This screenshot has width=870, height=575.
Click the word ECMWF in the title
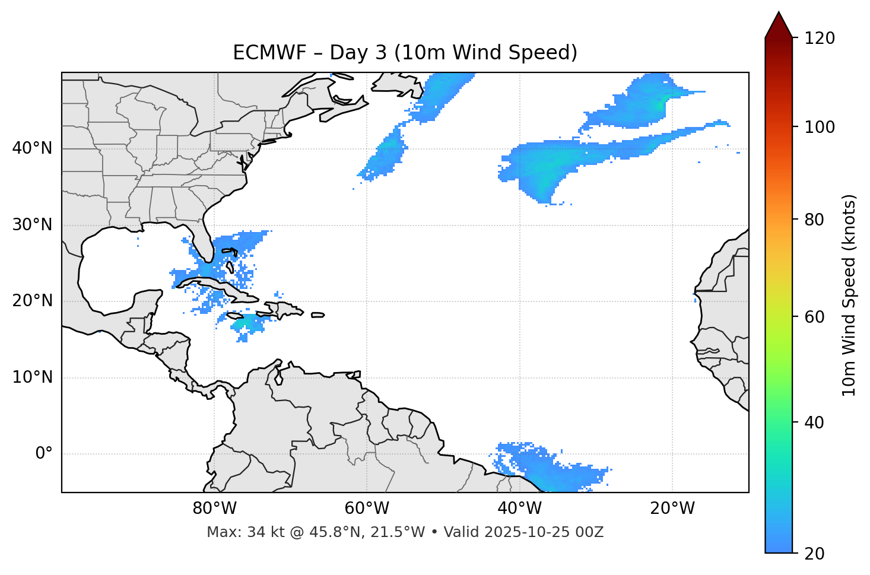(260, 53)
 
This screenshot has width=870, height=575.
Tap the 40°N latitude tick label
(32, 148)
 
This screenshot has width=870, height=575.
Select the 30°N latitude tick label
(32, 225)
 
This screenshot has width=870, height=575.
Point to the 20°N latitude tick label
(32, 301)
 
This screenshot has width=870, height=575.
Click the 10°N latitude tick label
(32, 377)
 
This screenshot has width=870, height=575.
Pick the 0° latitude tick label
(44, 454)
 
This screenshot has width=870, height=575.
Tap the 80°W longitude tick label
(214, 509)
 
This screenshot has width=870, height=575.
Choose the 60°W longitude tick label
(367, 509)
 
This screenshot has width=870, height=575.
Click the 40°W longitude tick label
(519, 509)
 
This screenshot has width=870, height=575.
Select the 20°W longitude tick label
(672, 509)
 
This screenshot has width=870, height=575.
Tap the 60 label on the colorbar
(816, 317)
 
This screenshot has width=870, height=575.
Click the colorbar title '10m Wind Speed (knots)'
(849, 296)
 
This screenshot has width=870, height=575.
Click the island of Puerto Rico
(317, 315)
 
